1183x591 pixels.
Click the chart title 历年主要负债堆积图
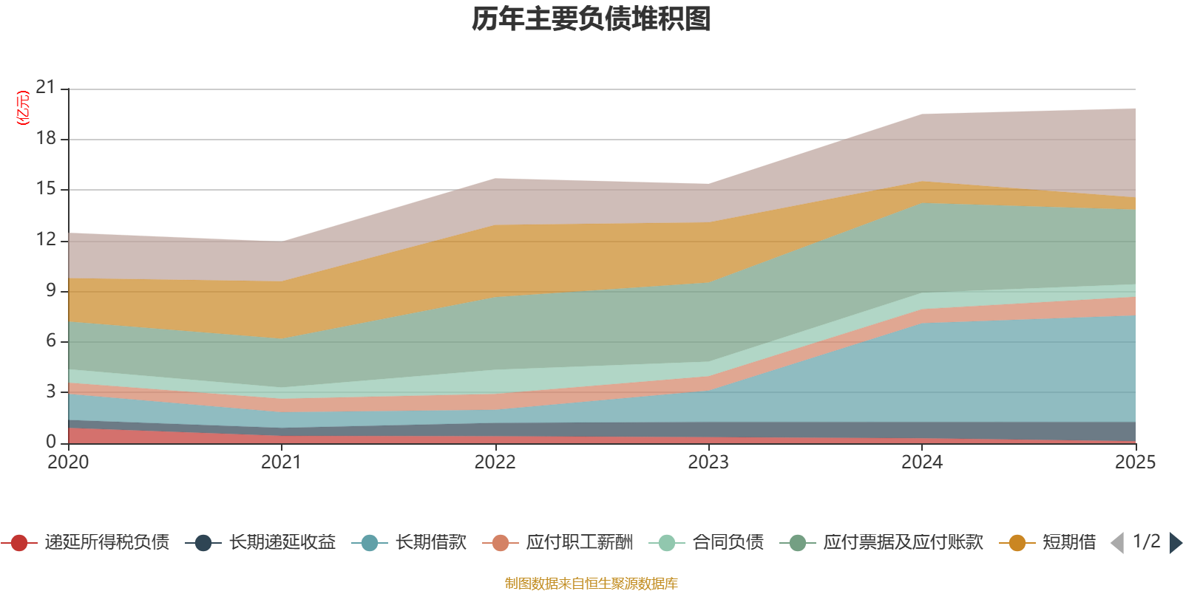[591, 19]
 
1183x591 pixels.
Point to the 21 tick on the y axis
[46, 88]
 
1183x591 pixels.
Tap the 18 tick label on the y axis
[46, 138]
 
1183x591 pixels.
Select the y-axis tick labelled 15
[46, 188]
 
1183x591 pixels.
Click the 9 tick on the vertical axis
[50, 290]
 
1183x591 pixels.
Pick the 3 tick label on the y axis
[50, 392]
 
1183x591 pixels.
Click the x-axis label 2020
[68, 462]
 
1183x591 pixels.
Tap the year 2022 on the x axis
[495, 462]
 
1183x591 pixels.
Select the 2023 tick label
[708, 462]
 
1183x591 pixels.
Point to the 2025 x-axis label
[1134, 462]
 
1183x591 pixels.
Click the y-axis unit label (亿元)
[23, 108]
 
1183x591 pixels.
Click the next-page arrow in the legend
[1175, 543]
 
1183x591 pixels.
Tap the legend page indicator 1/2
[1146, 542]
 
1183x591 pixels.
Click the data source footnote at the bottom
[591, 584]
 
